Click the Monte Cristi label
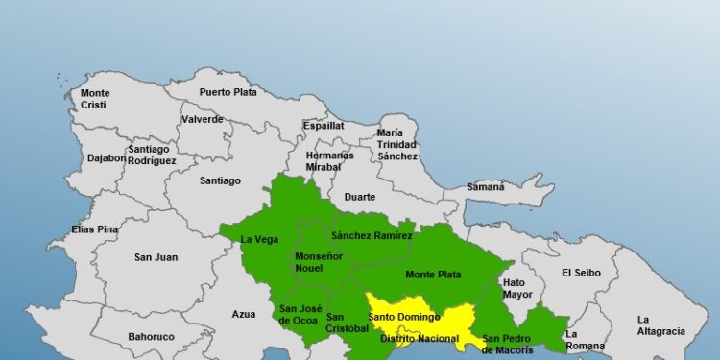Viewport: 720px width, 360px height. click(94, 99)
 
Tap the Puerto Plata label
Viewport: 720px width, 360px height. click(227, 92)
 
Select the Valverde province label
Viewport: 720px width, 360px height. click(202, 119)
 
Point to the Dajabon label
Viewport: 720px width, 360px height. click(106, 156)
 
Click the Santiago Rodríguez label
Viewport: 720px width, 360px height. click(152, 155)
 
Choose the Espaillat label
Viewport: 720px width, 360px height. click(324, 125)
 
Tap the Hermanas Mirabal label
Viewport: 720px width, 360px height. click(329, 160)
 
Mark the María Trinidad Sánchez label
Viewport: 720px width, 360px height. click(396, 144)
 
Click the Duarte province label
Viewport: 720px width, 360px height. click(360, 197)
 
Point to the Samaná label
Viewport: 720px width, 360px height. click(487, 187)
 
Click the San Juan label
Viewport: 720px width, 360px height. click(156, 256)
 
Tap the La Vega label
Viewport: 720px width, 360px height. click(259, 239)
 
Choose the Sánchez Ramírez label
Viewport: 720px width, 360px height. click(372, 235)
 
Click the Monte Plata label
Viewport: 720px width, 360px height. click(432, 275)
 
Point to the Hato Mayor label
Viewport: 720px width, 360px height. click(516, 288)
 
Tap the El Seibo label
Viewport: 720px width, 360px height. click(581, 272)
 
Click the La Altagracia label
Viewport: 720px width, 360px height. click(660, 325)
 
